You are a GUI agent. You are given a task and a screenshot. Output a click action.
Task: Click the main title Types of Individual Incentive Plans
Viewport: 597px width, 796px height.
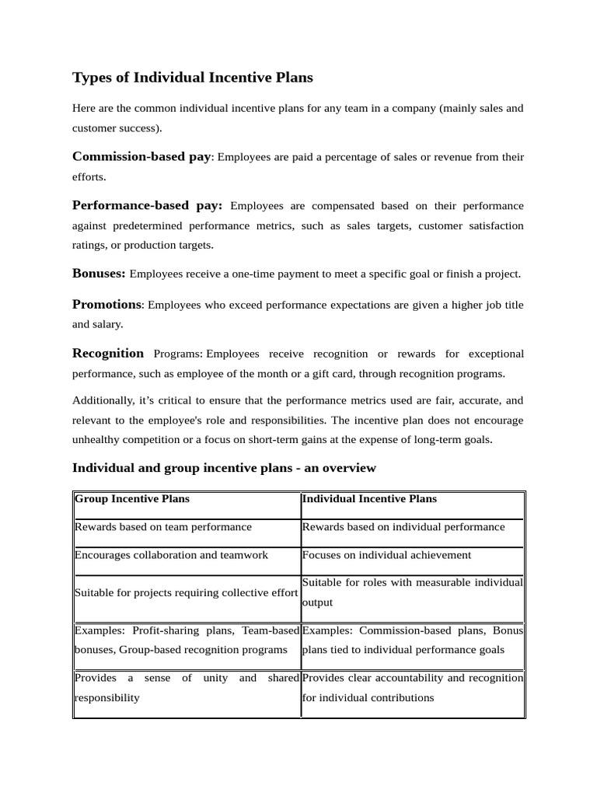tap(192, 77)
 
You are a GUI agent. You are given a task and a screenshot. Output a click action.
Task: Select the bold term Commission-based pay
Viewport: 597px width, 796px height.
tap(141, 157)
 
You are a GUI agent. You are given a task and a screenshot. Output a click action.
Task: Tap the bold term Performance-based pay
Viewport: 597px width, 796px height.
tap(147, 206)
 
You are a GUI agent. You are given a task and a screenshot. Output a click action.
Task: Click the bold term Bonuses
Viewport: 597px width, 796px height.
tap(99, 274)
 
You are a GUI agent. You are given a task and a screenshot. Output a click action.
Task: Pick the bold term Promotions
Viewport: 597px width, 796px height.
tap(107, 305)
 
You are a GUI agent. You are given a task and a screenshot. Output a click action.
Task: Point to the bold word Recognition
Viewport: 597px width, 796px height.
tap(108, 354)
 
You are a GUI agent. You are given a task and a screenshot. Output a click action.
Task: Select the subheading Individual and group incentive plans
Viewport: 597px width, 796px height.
tap(224, 468)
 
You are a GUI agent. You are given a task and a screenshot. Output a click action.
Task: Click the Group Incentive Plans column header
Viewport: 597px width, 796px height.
tap(132, 499)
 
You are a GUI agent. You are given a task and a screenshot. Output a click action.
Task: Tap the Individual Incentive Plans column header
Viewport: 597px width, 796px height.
tap(369, 499)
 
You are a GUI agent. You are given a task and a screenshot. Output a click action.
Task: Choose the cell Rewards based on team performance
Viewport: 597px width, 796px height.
tap(163, 527)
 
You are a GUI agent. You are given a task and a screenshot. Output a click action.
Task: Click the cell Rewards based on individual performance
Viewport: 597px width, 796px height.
tap(403, 527)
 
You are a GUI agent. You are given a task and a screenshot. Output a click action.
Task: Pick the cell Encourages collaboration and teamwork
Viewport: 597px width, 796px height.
tap(171, 555)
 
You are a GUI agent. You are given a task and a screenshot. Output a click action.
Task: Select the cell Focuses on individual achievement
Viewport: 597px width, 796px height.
tap(386, 555)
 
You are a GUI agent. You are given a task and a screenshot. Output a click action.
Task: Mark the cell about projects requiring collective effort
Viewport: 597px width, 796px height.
tap(186, 593)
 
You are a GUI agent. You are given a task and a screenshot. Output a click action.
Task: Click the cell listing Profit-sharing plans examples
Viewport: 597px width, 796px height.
tap(186, 640)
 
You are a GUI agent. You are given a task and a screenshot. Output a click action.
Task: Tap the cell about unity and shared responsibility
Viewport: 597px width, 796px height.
tap(186, 688)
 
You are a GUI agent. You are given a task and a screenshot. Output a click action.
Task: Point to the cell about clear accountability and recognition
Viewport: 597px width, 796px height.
tap(412, 688)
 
